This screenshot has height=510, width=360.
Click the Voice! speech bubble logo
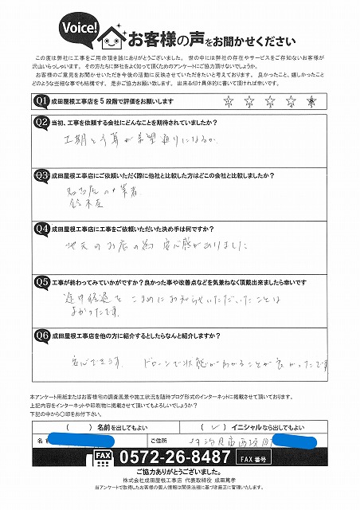(78, 28)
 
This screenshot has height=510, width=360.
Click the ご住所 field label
(158, 439)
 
